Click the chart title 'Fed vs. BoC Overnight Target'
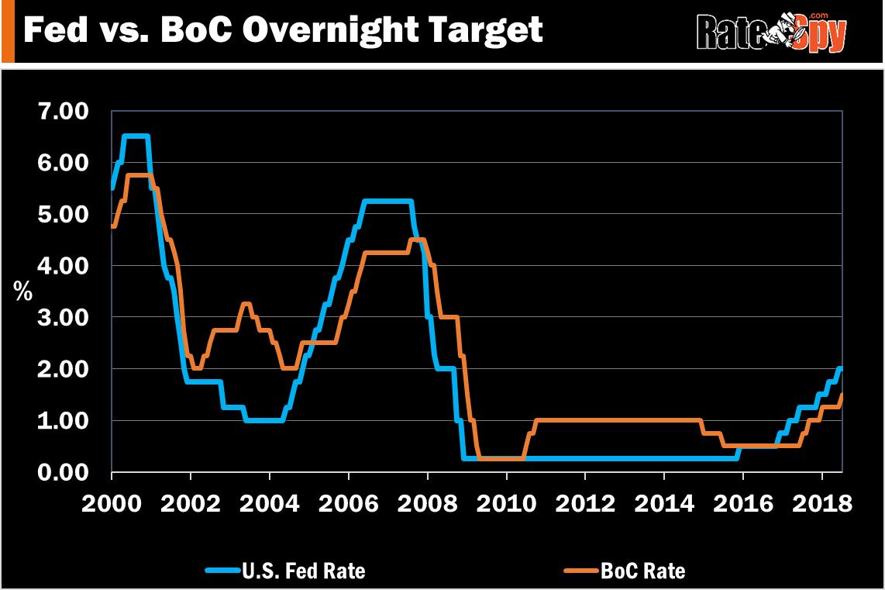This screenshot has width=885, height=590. point(284,31)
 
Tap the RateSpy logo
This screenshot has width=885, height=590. point(772,33)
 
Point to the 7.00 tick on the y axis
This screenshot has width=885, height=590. point(63,112)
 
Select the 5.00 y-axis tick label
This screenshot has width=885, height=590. point(63,214)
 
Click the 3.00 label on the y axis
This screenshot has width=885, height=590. point(63,317)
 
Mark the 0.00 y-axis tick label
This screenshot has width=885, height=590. point(63,472)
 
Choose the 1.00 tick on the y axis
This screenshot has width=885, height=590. point(63,420)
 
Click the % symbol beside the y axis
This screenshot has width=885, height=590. point(23,292)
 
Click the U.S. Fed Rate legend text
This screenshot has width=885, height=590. point(303,571)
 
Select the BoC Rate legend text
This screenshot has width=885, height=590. point(642,571)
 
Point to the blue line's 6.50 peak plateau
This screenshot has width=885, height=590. point(136,137)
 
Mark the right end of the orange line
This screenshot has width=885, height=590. point(841,395)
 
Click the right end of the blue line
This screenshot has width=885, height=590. point(840,369)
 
